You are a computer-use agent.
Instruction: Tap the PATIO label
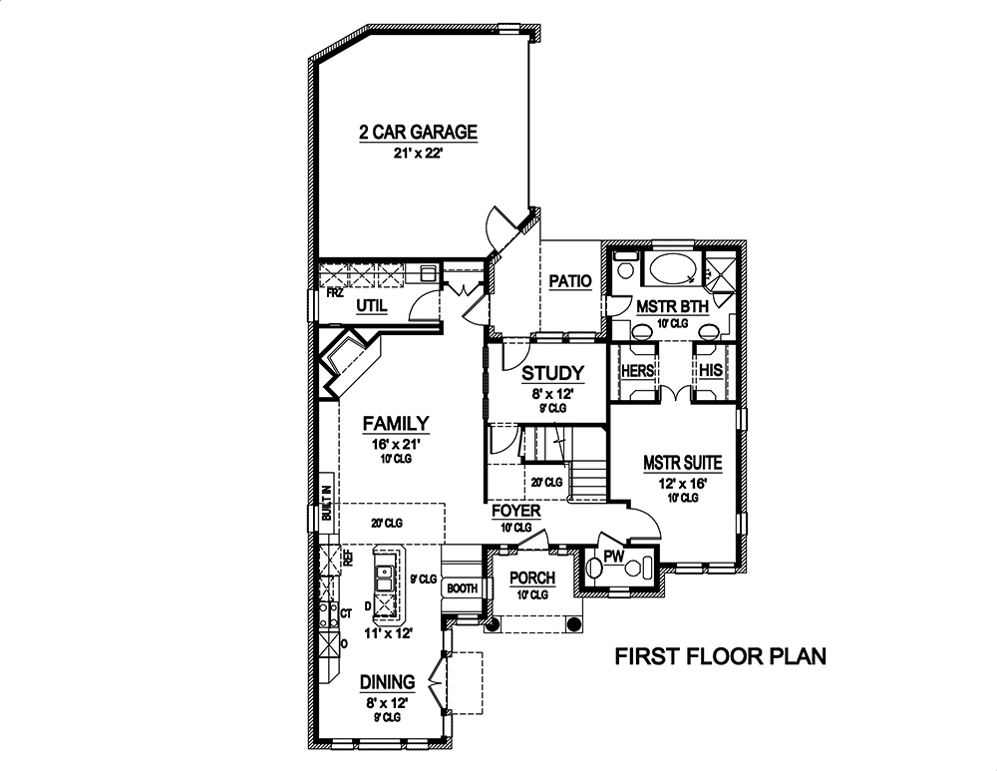coord(570,282)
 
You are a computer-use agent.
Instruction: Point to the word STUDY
coord(552,373)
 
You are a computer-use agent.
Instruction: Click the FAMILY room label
coord(395,422)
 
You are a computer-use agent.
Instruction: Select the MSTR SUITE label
coord(682,463)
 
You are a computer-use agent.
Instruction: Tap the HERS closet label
coord(637,370)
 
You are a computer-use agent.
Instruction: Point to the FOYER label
coord(516,511)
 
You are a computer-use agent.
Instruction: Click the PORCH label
coord(532,578)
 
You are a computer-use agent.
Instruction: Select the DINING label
coord(387,682)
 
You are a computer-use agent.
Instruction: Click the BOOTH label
coord(462,588)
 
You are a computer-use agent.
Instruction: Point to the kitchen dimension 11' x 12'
coord(387,632)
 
